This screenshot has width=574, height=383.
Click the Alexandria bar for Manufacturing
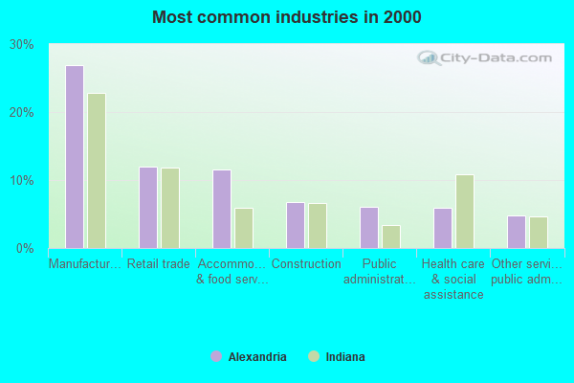pos(75,157)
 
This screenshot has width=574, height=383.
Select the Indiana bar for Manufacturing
pos(97,170)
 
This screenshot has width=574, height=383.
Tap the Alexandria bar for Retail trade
pos(148,208)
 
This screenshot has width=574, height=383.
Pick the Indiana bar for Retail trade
pos(170,208)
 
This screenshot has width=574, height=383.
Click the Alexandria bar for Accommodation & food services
pos(222,209)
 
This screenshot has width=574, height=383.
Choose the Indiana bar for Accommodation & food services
pos(244,228)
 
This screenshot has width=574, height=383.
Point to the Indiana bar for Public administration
pos(391,237)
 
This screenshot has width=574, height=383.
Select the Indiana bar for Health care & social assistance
pos(465,212)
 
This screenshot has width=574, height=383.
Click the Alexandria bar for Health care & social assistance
pos(443,228)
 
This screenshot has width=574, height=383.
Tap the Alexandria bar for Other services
pos(517,232)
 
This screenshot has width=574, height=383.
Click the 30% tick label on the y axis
pos(22,45)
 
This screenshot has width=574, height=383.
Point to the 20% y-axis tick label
pos(22,113)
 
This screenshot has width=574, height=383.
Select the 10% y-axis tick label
pos(22,181)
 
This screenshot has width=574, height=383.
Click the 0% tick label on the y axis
pos(25,249)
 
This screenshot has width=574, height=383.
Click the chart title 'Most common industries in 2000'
pos(286,17)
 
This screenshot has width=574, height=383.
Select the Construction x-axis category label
pos(306,264)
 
